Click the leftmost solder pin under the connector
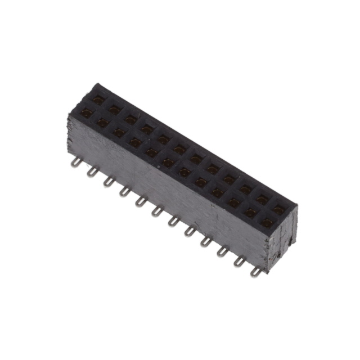pos(74,163)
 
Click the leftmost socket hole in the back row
pos(98,100)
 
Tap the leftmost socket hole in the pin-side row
pos(86,113)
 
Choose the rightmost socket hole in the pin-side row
pos(267,223)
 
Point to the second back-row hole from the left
pos(114,110)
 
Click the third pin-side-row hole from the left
pos(119,133)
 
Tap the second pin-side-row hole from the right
pos(251,213)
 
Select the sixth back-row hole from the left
pos(180,150)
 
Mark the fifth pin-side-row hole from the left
pos(152,152)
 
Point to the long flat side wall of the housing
pos(169,186)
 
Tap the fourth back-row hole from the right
pos(229,180)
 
